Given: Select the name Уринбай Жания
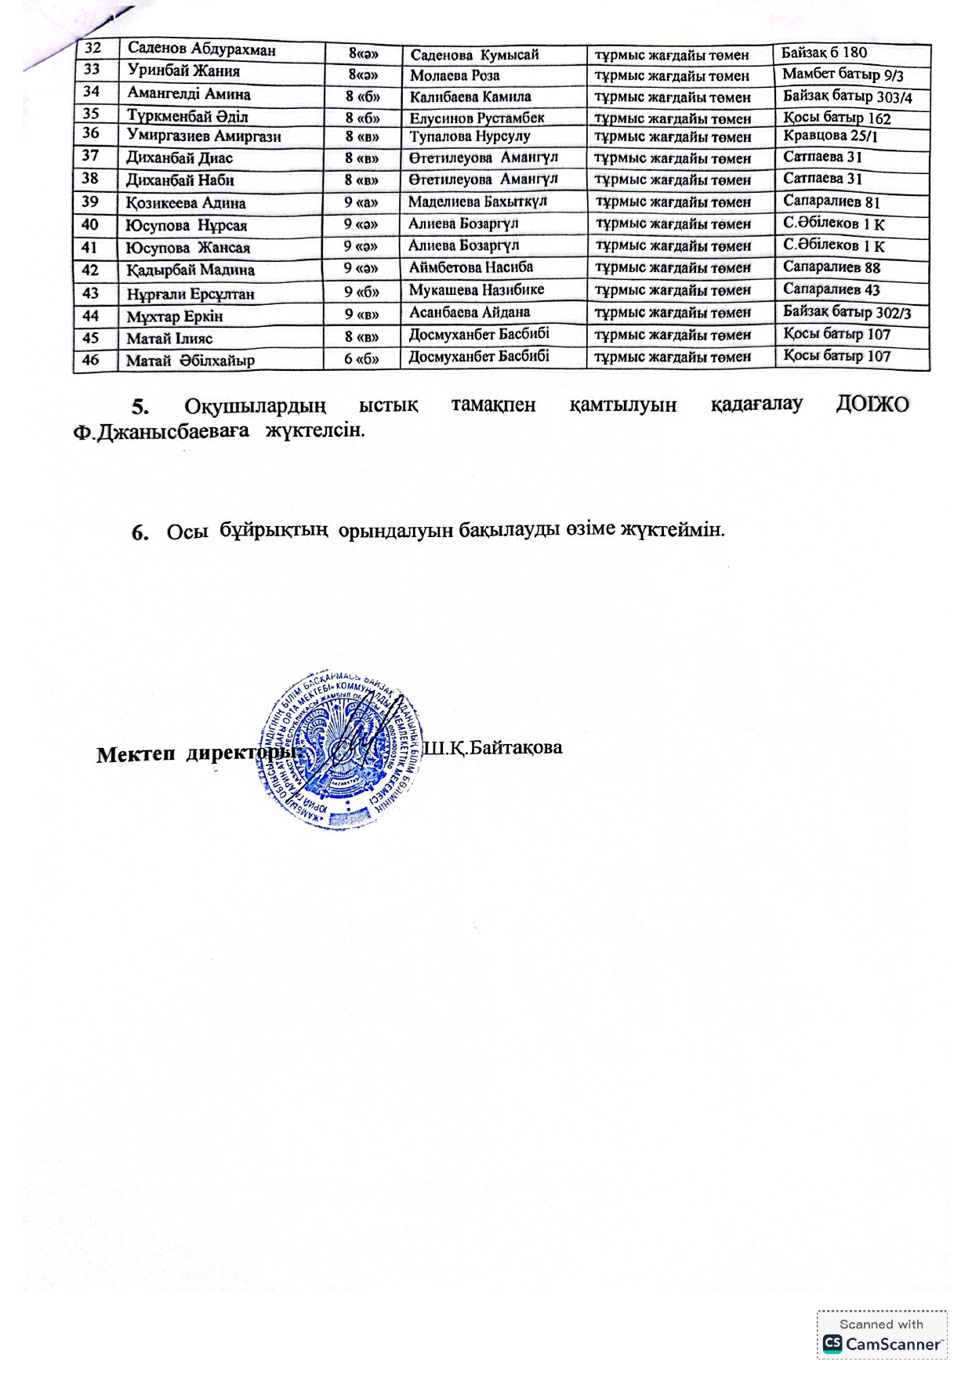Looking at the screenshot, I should [183, 71].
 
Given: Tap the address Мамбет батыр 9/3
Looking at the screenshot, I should [843, 75].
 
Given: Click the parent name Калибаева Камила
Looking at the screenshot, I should [470, 97].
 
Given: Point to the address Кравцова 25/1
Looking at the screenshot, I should [830, 136].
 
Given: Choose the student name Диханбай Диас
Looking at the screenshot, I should [180, 158].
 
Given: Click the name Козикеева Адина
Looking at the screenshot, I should [186, 203].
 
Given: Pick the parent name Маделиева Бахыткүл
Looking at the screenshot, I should [477, 201].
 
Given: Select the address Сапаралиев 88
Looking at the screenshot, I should [832, 267].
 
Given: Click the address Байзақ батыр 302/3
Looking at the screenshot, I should [847, 312].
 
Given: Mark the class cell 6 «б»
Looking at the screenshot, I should [361, 359].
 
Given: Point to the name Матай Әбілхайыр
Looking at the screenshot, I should [190, 361].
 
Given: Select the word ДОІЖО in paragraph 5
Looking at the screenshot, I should [872, 405].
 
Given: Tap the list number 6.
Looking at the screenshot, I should [140, 533].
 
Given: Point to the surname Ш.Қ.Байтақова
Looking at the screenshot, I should [493, 748].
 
